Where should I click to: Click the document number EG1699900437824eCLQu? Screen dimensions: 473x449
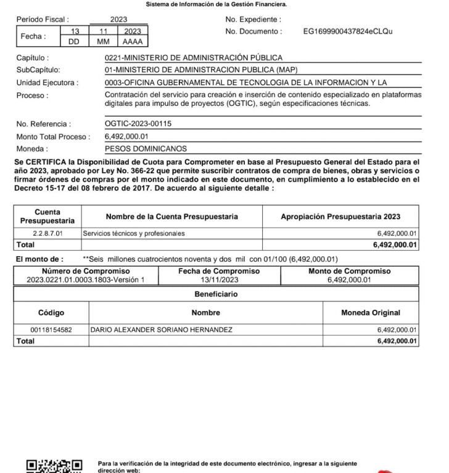(348, 31)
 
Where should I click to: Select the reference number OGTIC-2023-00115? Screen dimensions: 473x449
(138, 124)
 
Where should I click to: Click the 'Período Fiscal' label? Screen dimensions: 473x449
(43, 20)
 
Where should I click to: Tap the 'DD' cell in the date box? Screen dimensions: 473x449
(75, 42)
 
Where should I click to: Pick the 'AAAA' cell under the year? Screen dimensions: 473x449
(132, 42)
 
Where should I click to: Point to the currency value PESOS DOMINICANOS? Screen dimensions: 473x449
(146, 148)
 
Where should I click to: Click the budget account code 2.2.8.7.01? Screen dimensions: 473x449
(47, 234)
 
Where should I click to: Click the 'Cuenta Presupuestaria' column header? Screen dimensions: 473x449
(47, 216)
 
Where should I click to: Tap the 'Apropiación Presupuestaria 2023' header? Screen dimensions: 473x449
(340, 217)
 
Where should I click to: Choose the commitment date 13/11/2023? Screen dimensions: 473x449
(219, 280)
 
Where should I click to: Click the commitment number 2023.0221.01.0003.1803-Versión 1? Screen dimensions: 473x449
(86, 280)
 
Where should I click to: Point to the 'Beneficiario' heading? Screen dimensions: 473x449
(216, 294)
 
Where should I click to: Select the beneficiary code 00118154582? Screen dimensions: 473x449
(51, 330)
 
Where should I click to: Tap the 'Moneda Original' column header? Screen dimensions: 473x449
(371, 313)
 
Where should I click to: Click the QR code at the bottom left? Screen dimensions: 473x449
(54, 466)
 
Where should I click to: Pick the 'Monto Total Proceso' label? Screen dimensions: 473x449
(53, 137)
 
